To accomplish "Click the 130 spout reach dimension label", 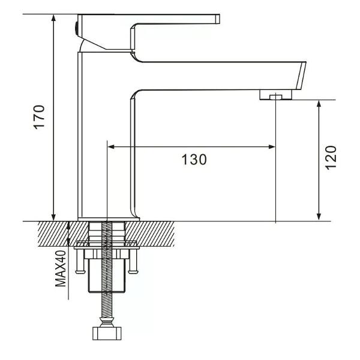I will (194, 160).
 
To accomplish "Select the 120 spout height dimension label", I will (332, 158).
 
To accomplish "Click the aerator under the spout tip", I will (275, 94).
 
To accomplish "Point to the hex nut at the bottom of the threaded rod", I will (107, 334).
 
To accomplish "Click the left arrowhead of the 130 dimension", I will (112, 146).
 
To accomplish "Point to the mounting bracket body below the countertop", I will (108, 273).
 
